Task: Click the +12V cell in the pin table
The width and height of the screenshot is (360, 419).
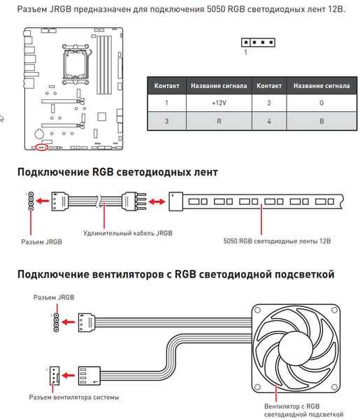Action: (x=219, y=103)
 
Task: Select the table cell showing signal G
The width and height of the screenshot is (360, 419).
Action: (x=322, y=103)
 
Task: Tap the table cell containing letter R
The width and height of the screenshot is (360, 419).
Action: (x=219, y=121)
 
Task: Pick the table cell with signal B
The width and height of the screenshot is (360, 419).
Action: (x=322, y=121)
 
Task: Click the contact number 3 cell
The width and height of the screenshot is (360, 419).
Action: (x=166, y=121)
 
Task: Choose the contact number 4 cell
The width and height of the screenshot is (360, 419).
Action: (x=269, y=121)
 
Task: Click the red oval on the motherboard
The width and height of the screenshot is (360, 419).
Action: (x=42, y=147)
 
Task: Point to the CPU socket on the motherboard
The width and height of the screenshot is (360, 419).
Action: (x=75, y=64)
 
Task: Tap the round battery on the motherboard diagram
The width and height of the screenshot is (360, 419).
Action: (x=39, y=134)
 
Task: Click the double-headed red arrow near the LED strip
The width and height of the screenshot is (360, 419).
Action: (x=157, y=201)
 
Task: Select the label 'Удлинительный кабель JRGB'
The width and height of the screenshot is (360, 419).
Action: (x=128, y=233)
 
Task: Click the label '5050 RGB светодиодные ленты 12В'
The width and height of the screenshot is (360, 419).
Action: (x=277, y=241)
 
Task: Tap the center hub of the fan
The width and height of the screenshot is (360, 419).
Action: (x=296, y=348)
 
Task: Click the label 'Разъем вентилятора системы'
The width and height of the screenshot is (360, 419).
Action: (x=74, y=397)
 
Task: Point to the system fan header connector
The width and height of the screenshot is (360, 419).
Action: (x=55, y=376)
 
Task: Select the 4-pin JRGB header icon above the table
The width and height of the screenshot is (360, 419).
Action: (x=258, y=42)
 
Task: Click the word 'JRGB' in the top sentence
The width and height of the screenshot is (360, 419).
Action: (x=60, y=9)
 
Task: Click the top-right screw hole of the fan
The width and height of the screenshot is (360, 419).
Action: (x=334, y=311)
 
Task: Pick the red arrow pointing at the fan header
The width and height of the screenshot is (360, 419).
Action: (x=69, y=376)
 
